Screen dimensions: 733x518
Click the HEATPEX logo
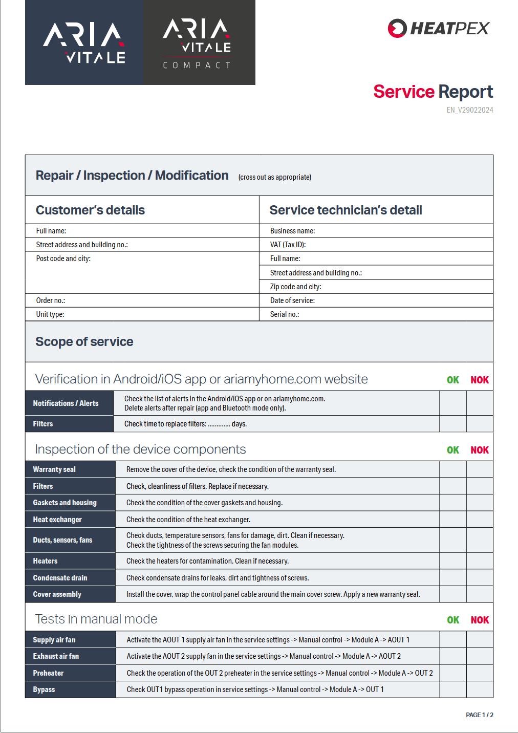[439, 28]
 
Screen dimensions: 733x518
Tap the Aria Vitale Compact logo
[199, 42]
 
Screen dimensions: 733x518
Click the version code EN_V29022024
[470, 110]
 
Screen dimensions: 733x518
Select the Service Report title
[433, 92]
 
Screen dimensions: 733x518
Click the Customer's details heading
[90, 210]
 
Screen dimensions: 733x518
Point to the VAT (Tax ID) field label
[288, 245]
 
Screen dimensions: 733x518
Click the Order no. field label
[50, 300]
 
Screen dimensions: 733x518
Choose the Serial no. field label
[285, 314]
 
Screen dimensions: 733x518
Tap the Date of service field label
[292, 300]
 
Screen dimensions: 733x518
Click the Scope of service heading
[84, 342]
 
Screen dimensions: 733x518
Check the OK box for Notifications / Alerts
[453, 403]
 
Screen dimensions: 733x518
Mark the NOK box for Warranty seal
[480, 469]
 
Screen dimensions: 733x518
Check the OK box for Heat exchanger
[453, 520]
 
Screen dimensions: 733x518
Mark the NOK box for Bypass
[480, 689]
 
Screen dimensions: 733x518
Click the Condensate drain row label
[60, 578]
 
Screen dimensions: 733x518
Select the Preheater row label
[48, 673]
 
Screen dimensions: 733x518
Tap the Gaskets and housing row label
[64, 503]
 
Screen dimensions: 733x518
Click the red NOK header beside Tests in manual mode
[480, 620]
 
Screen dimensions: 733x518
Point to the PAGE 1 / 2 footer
[479, 715]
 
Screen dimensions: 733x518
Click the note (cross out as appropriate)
[275, 177]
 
